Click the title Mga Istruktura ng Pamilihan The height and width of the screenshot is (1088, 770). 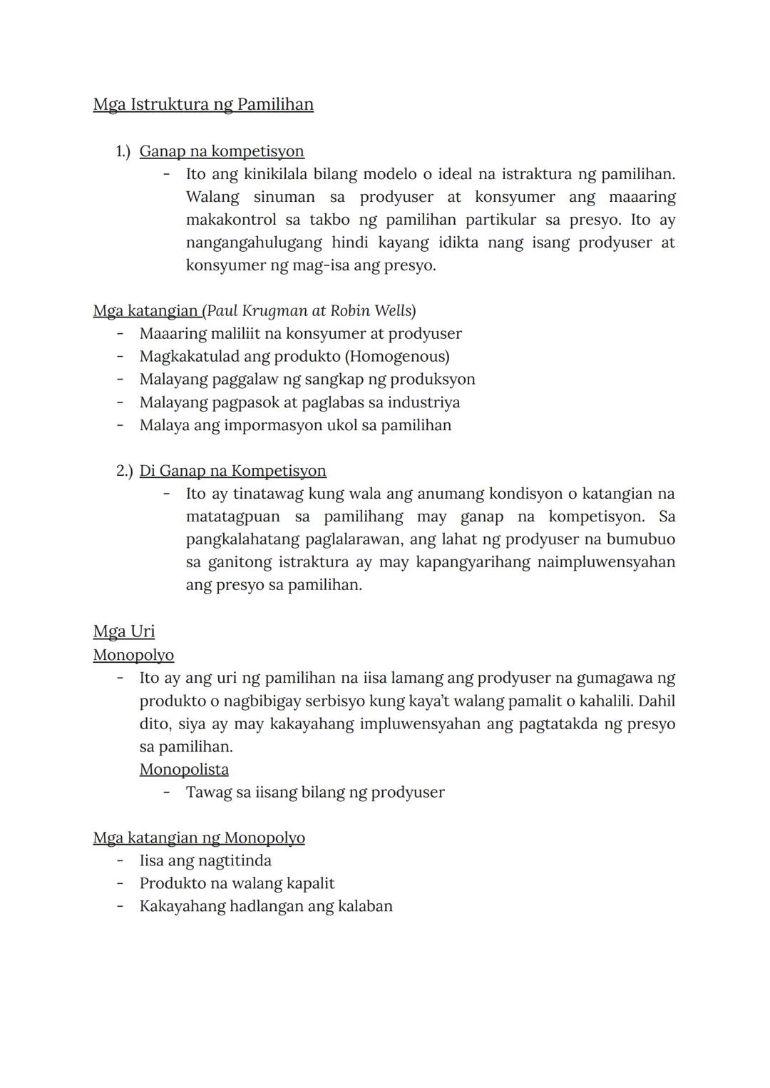point(203,105)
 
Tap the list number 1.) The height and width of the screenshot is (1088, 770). point(123,151)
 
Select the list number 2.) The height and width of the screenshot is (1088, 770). point(124,471)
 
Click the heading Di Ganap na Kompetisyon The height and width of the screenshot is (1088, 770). point(232,471)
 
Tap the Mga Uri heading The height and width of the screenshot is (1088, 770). point(123,631)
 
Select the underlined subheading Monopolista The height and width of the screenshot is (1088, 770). point(184,769)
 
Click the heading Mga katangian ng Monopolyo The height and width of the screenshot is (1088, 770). point(199,838)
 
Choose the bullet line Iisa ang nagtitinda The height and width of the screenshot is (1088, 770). point(205,860)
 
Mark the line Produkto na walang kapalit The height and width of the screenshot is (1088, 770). point(237,883)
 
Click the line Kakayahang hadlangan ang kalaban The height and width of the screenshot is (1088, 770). point(266,906)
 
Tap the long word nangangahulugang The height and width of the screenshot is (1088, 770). point(254,243)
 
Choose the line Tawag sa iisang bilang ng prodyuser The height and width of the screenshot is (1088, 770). point(315,792)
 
